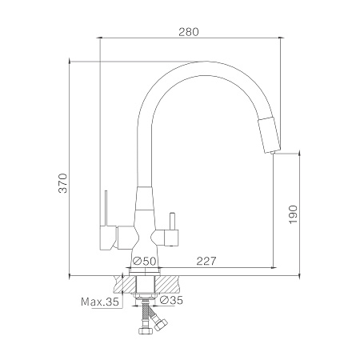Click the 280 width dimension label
click(189, 32)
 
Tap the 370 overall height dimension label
click(63, 183)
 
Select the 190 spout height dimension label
click(293, 214)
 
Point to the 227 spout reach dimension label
click(206, 261)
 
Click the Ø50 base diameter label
click(144, 261)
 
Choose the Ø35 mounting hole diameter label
click(171, 300)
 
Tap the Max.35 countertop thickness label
click(100, 302)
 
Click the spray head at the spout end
click(269, 135)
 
